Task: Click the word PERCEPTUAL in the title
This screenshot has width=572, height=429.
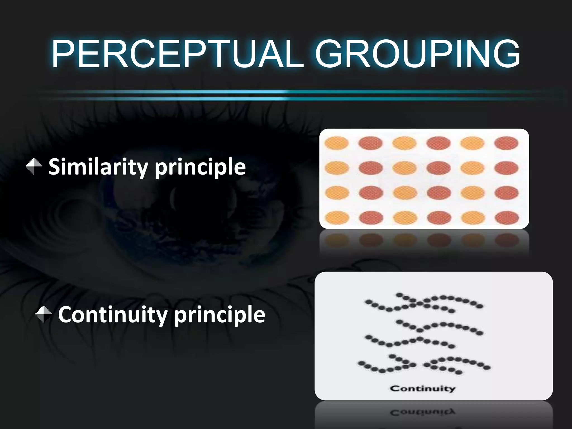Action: click(x=178, y=54)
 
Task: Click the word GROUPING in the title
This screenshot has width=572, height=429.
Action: click(x=417, y=54)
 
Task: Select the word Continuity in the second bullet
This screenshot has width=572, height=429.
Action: click(x=112, y=315)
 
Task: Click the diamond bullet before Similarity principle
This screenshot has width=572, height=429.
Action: click(x=34, y=166)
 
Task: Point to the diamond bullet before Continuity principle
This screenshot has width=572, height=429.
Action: click(x=44, y=314)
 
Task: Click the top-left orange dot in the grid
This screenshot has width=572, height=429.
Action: click(x=337, y=143)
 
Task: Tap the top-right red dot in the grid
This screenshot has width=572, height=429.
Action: click(x=506, y=143)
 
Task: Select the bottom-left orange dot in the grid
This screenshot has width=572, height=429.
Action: click(x=337, y=218)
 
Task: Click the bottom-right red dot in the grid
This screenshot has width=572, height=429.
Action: click(x=507, y=218)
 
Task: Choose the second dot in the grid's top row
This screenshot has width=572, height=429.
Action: click(x=371, y=143)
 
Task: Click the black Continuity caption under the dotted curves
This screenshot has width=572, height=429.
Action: click(x=423, y=389)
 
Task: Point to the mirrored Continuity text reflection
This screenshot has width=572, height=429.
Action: click(x=423, y=412)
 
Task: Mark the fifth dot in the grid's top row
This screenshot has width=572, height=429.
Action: click(x=473, y=143)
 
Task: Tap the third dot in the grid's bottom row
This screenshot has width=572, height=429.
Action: click(x=405, y=218)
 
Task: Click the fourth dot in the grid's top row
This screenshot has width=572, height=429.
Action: click(x=438, y=143)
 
